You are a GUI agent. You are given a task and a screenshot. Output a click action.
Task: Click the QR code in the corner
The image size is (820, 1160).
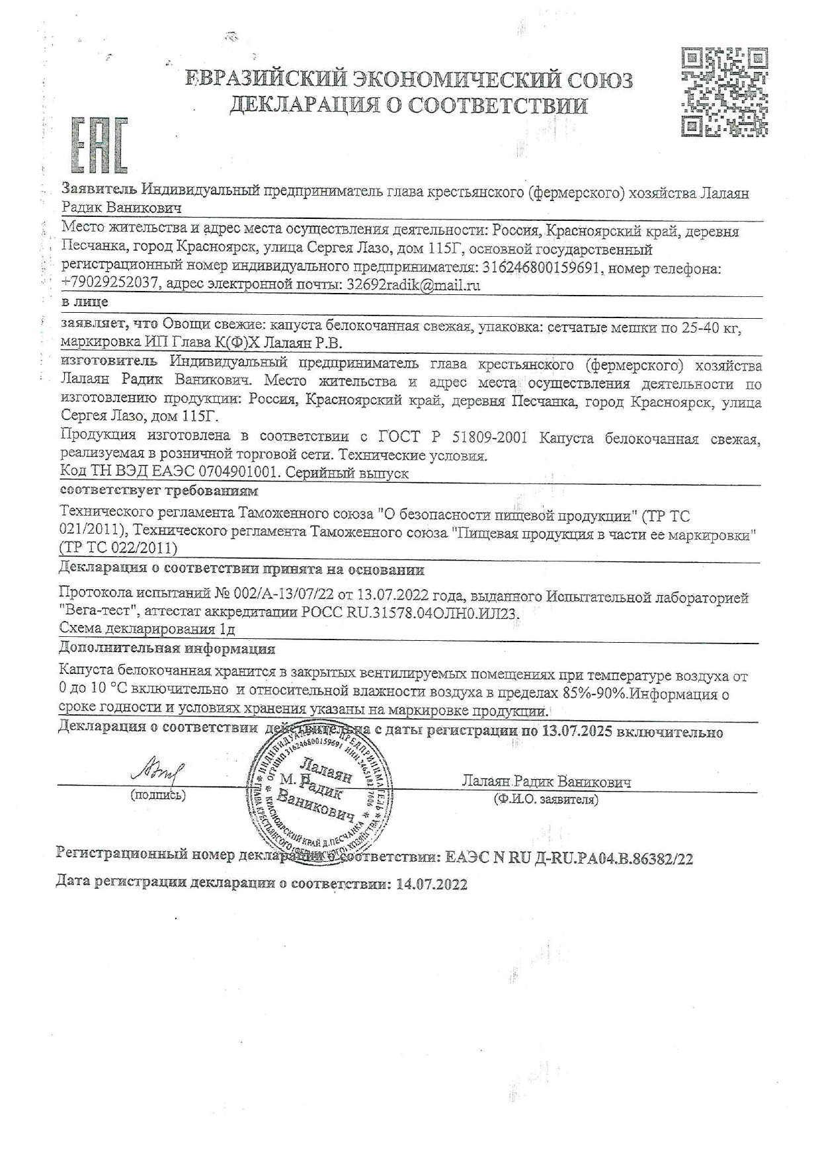click(x=724, y=92)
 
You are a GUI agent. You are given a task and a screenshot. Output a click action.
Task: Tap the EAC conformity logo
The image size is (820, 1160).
click(x=98, y=145)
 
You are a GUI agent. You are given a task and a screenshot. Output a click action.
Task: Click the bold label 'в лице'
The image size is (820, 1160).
click(x=84, y=302)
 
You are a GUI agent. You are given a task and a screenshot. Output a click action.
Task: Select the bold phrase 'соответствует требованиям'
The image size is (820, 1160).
click(x=159, y=491)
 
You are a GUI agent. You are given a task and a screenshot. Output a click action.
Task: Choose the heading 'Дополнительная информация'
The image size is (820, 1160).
click(x=167, y=648)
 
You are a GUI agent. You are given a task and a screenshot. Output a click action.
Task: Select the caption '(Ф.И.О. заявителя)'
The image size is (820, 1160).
click(x=546, y=800)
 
